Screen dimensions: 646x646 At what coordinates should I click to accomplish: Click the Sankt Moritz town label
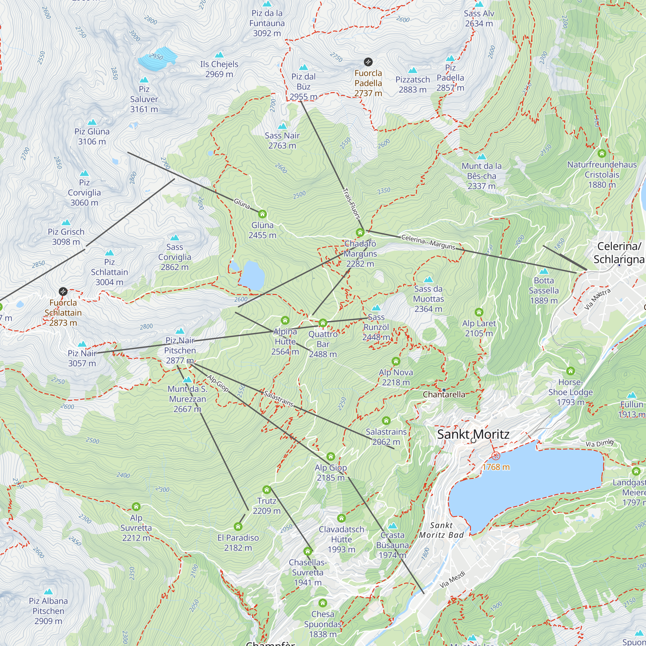(473, 434)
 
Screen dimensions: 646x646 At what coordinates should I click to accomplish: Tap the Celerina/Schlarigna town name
(619, 253)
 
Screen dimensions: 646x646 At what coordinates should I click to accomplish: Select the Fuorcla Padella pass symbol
(368, 62)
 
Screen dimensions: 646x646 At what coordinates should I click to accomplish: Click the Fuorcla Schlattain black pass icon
(63, 292)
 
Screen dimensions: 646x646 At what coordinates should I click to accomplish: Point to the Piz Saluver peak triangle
(144, 79)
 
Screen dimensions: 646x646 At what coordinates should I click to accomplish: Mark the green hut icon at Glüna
(263, 214)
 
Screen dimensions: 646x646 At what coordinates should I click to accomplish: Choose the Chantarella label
(444, 395)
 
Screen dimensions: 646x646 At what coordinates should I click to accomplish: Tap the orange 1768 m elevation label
(496, 467)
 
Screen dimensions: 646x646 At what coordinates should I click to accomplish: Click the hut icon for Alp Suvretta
(136, 506)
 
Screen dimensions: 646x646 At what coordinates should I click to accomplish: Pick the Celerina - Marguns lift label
(428, 242)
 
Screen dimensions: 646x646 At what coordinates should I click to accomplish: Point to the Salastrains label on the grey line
(278, 399)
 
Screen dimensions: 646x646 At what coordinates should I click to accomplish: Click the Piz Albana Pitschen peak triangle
(48, 592)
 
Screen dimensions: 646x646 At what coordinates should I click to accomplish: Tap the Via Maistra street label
(598, 299)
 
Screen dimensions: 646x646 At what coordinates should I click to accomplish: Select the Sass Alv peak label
(479, 18)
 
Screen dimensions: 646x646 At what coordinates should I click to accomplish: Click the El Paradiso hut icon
(238, 527)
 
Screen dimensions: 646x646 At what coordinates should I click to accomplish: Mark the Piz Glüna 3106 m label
(92, 136)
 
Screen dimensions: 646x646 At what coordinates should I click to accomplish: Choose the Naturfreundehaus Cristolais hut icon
(602, 153)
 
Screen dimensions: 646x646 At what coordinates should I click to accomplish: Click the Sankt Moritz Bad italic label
(441, 530)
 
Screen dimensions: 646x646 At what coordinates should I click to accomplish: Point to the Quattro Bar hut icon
(323, 323)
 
